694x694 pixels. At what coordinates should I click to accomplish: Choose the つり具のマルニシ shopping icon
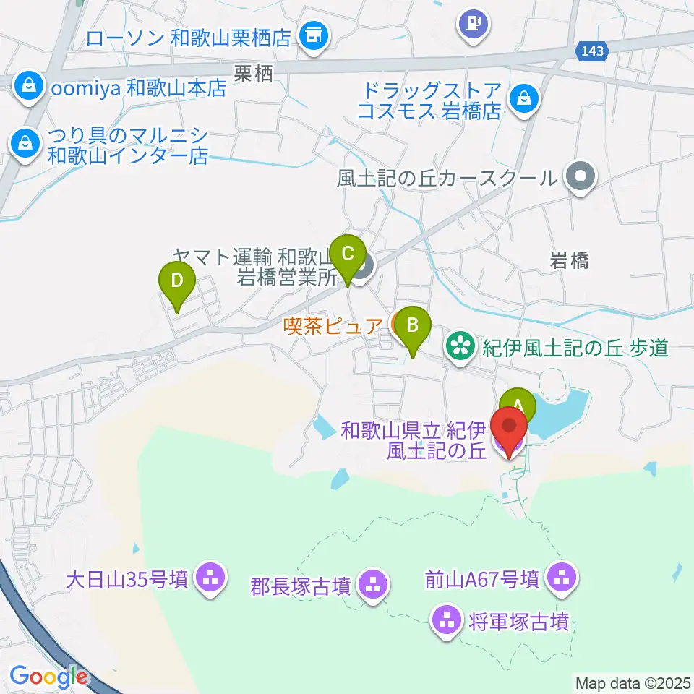[x=25, y=142]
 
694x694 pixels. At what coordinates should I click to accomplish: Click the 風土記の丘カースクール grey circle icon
[x=581, y=177]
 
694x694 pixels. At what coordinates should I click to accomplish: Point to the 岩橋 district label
[x=568, y=261]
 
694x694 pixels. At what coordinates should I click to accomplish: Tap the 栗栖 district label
[x=253, y=73]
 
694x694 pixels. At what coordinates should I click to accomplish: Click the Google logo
[x=49, y=677]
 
